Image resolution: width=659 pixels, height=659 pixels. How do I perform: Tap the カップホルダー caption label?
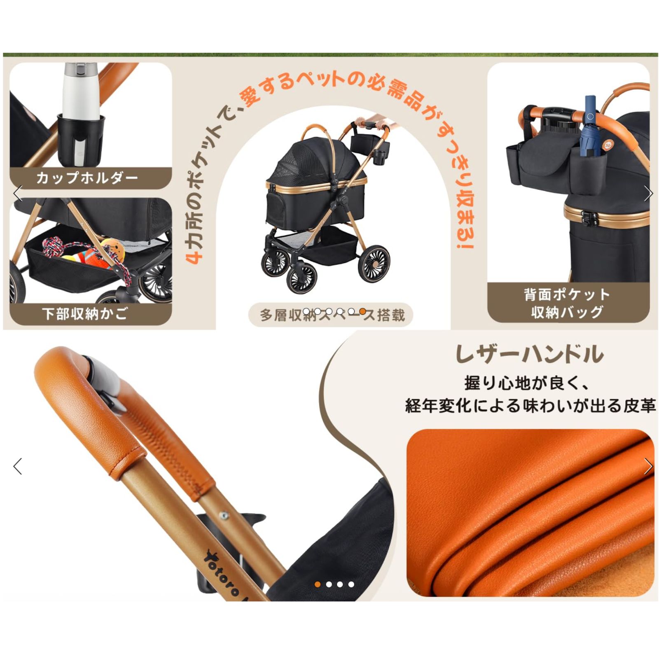[87, 178]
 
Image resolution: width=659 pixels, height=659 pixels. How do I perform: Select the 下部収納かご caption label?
[85, 314]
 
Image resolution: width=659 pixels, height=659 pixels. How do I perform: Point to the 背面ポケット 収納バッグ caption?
[567, 303]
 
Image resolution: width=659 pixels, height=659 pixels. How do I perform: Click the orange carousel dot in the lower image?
[318, 584]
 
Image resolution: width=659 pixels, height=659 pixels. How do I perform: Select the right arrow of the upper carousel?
[648, 194]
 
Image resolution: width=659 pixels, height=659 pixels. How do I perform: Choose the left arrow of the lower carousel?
[18, 466]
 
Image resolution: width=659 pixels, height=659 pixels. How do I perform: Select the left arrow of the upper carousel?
[18, 194]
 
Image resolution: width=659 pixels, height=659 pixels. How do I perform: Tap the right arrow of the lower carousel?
[648, 466]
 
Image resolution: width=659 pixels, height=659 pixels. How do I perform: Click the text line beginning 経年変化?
[530, 406]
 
